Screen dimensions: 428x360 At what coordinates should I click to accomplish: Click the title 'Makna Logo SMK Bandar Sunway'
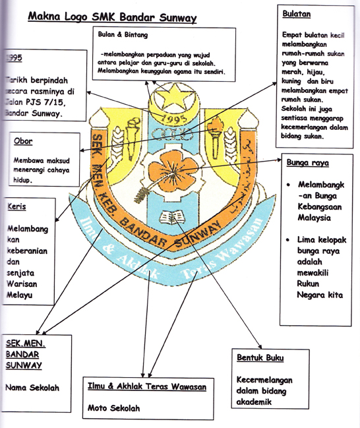(112, 18)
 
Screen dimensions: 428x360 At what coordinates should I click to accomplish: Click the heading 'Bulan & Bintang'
(123, 34)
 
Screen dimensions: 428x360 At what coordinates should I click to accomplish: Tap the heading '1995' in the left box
(13, 58)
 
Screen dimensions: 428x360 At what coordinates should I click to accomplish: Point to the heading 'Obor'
(23, 141)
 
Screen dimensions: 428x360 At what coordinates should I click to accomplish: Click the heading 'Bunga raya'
(308, 162)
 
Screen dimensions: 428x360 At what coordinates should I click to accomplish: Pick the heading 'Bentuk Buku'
(260, 357)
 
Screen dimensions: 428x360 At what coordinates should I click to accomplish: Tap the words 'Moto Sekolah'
(114, 408)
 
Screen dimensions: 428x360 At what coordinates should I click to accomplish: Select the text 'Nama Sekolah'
(32, 387)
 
